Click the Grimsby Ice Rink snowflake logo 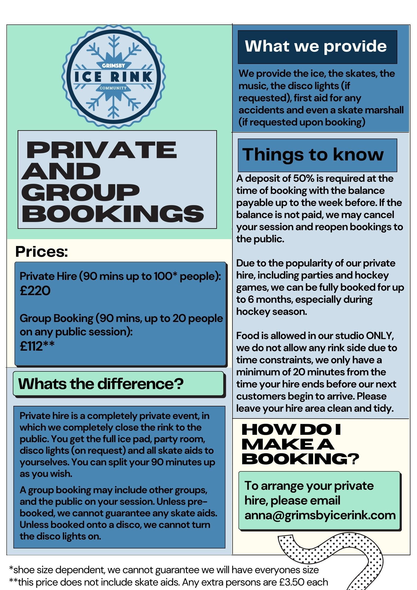point(113,77)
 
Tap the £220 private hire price point(35,291)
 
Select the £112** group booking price point(37,346)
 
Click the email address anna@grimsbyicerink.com point(320,515)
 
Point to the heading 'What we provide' point(316,46)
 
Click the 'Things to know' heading point(313,154)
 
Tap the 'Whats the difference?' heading point(101,384)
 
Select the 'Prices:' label point(42,251)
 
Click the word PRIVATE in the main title point(101,150)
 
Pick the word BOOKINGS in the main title point(113,214)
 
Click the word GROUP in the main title point(80,192)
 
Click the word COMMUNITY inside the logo point(113,88)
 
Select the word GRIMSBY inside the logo point(113,65)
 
